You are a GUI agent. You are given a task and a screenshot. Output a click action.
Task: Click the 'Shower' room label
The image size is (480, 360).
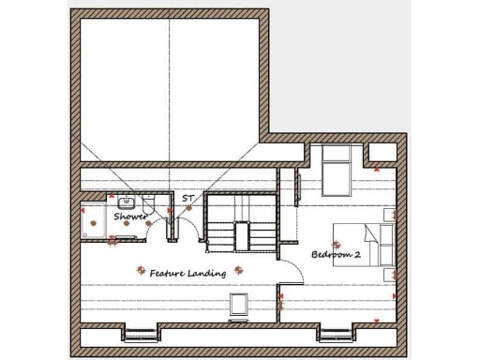pos(130,217)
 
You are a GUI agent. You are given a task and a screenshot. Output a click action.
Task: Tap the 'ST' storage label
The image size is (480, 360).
pos(187,199)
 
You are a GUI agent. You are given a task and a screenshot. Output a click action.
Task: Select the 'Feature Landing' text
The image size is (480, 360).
pos(187,274)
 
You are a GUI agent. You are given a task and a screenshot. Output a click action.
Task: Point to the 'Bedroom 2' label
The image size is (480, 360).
pos(336,254)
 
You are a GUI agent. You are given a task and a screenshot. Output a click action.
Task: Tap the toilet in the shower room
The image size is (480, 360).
pos(151,204)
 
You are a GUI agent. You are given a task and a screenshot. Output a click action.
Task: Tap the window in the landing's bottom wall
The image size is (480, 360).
pos(141,333)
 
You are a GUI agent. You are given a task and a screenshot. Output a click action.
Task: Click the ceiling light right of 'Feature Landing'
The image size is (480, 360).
pos(239,269)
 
